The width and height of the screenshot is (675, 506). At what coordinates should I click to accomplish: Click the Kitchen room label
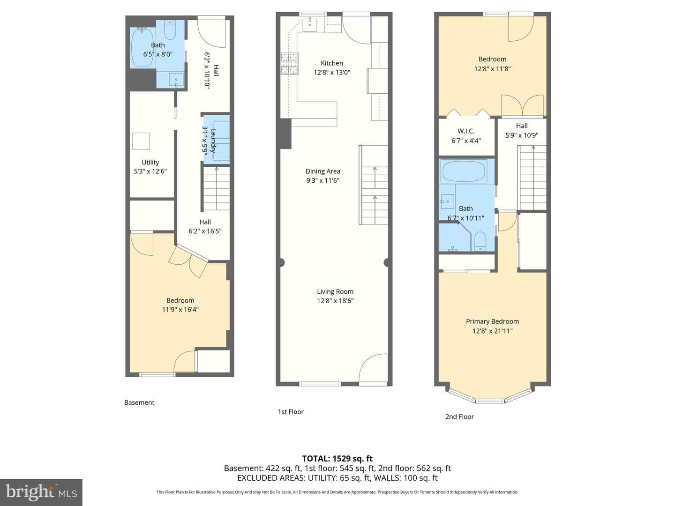(332, 63)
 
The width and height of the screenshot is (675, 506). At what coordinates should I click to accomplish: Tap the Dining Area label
(322, 171)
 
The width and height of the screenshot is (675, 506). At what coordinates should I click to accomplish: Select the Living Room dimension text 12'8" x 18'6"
(335, 300)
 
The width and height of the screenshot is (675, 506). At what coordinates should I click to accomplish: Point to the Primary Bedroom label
(492, 321)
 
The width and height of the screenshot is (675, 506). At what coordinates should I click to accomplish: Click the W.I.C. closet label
(466, 131)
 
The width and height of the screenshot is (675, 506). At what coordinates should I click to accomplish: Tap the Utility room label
(150, 162)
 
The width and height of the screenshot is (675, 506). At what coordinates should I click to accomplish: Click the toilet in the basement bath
(170, 30)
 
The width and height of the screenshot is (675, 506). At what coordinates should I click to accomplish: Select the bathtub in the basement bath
(142, 48)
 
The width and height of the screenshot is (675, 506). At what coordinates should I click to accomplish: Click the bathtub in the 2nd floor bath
(464, 171)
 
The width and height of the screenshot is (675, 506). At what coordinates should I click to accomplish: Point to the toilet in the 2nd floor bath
(480, 241)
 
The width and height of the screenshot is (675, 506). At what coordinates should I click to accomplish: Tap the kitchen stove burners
(289, 64)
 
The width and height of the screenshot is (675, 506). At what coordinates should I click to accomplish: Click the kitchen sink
(310, 24)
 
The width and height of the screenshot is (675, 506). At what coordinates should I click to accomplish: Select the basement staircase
(217, 189)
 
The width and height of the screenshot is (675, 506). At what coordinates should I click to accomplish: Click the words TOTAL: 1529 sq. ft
(337, 459)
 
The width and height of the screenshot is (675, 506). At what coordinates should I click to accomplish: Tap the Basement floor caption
(139, 402)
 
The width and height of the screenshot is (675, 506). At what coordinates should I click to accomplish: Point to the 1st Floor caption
(291, 412)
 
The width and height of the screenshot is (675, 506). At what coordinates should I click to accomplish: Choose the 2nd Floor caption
(459, 417)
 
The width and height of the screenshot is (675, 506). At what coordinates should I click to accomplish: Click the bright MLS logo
(41, 492)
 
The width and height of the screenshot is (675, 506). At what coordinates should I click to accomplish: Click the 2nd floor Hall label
(522, 126)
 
